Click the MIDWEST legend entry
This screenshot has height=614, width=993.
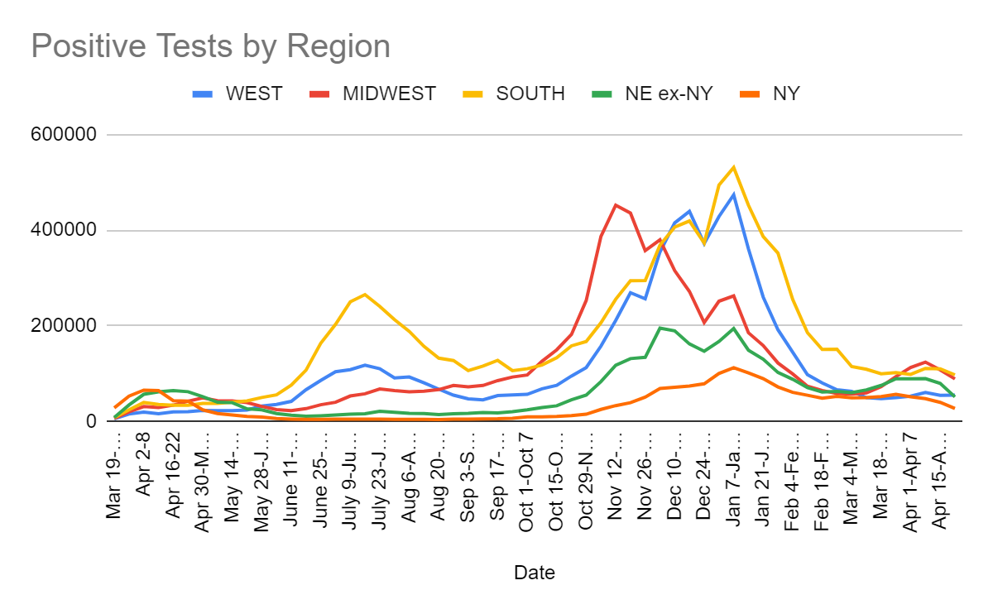pyautogui.click(x=389, y=94)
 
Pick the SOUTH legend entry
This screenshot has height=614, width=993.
pyautogui.click(x=530, y=94)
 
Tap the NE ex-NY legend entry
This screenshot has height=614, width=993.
pyautogui.click(x=670, y=94)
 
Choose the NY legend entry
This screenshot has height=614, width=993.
pyautogui.click(x=786, y=94)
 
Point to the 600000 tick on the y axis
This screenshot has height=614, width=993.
pyautogui.click(x=67, y=134)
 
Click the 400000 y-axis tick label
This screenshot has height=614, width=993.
pyautogui.click(x=67, y=230)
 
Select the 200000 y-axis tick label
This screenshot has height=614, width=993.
pyautogui.click(x=67, y=325)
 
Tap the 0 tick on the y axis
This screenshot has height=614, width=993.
pyautogui.click(x=92, y=421)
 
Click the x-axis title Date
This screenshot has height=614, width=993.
pyautogui.click(x=534, y=573)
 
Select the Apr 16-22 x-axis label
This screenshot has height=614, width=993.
pyautogui.click(x=174, y=472)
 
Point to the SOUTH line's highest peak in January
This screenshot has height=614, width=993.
pyautogui.click(x=733, y=167)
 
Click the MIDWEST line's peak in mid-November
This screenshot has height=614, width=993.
pyautogui.click(x=616, y=204)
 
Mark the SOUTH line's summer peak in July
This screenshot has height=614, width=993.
pyautogui.click(x=365, y=294)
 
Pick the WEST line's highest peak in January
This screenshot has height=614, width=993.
pyautogui.click(x=733, y=194)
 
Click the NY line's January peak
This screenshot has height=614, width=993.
pyautogui.click(x=733, y=367)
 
